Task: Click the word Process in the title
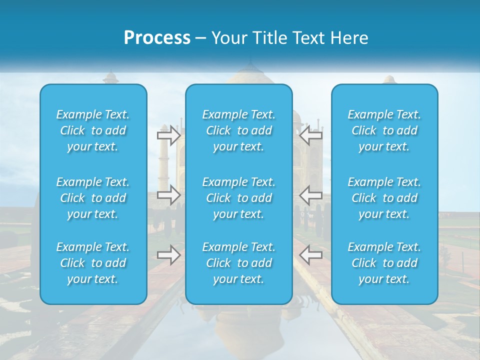(x=157, y=38)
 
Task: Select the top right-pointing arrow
(x=168, y=135)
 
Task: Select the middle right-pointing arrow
(x=168, y=194)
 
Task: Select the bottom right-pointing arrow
(x=168, y=255)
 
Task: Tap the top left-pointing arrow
(x=310, y=135)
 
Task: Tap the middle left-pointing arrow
(x=310, y=194)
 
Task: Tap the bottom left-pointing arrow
(x=310, y=255)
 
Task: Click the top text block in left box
(x=93, y=130)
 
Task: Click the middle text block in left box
(x=93, y=198)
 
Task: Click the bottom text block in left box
(x=93, y=263)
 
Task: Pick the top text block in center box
(x=238, y=130)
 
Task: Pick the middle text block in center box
(x=238, y=198)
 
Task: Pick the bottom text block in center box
(x=238, y=263)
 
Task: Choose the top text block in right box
(x=384, y=130)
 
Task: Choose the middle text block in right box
(x=384, y=198)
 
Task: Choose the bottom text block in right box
(x=384, y=263)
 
